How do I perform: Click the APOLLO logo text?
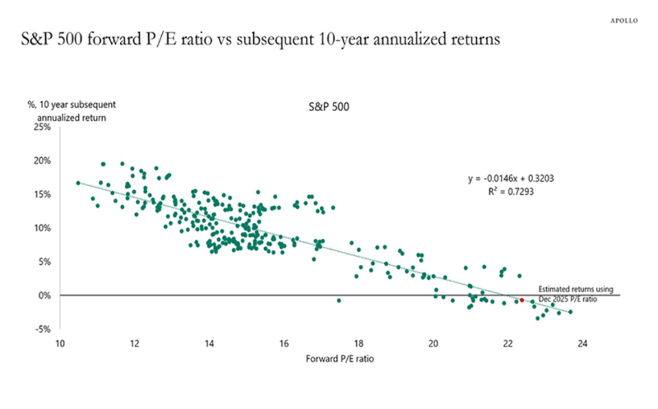(x=624, y=21)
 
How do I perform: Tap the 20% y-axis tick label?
(x=43, y=161)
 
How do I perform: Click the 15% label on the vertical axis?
(x=43, y=194)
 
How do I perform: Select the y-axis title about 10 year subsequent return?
(x=71, y=111)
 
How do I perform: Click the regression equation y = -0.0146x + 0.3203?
(x=510, y=179)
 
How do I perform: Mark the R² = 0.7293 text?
(x=510, y=192)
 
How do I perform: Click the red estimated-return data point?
(x=521, y=300)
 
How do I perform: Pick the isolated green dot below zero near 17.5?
(x=338, y=301)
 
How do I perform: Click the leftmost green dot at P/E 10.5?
(x=78, y=183)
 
